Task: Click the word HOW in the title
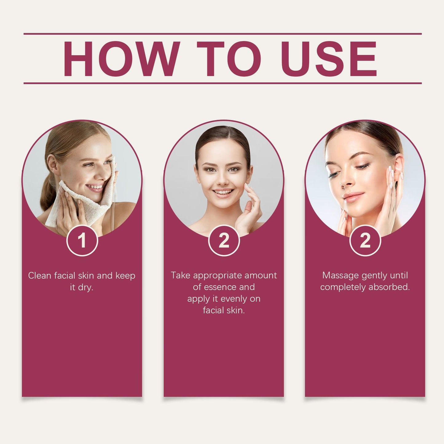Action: coord(121,59)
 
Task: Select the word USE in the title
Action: coord(329,59)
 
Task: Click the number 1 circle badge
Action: coord(82,240)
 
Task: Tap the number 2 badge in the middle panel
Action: coord(224,240)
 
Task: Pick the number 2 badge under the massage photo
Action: coord(365,240)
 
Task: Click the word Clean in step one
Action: coord(40,276)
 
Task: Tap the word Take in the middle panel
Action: coord(181,275)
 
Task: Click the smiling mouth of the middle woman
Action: coord(223,191)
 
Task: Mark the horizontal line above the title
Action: coord(222,34)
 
